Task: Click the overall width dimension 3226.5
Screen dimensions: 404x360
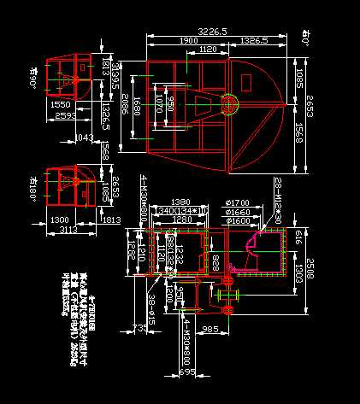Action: (212, 31)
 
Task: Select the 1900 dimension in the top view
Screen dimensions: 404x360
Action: (189, 40)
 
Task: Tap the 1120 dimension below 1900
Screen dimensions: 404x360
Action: (207, 50)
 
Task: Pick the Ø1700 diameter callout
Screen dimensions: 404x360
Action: (237, 202)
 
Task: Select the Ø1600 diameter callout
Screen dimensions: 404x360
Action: (237, 220)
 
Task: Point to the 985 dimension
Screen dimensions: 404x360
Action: (212, 329)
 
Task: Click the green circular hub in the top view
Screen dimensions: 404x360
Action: (229, 104)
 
